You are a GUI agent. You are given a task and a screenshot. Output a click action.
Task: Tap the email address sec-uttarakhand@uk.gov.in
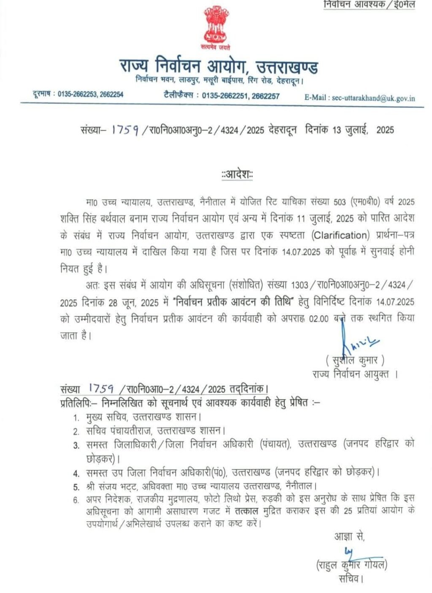click(373, 98)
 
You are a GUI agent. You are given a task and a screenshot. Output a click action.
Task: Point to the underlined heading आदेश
click(237, 174)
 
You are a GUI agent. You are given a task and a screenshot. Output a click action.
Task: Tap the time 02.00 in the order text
click(319, 319)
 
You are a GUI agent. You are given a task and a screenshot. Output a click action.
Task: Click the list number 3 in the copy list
click(76, 445)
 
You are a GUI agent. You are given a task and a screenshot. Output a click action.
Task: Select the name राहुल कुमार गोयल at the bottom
click(351, 564)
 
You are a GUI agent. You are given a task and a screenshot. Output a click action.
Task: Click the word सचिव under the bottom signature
click(350, 579)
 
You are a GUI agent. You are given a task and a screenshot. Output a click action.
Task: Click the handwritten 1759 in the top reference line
click(125, 130)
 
